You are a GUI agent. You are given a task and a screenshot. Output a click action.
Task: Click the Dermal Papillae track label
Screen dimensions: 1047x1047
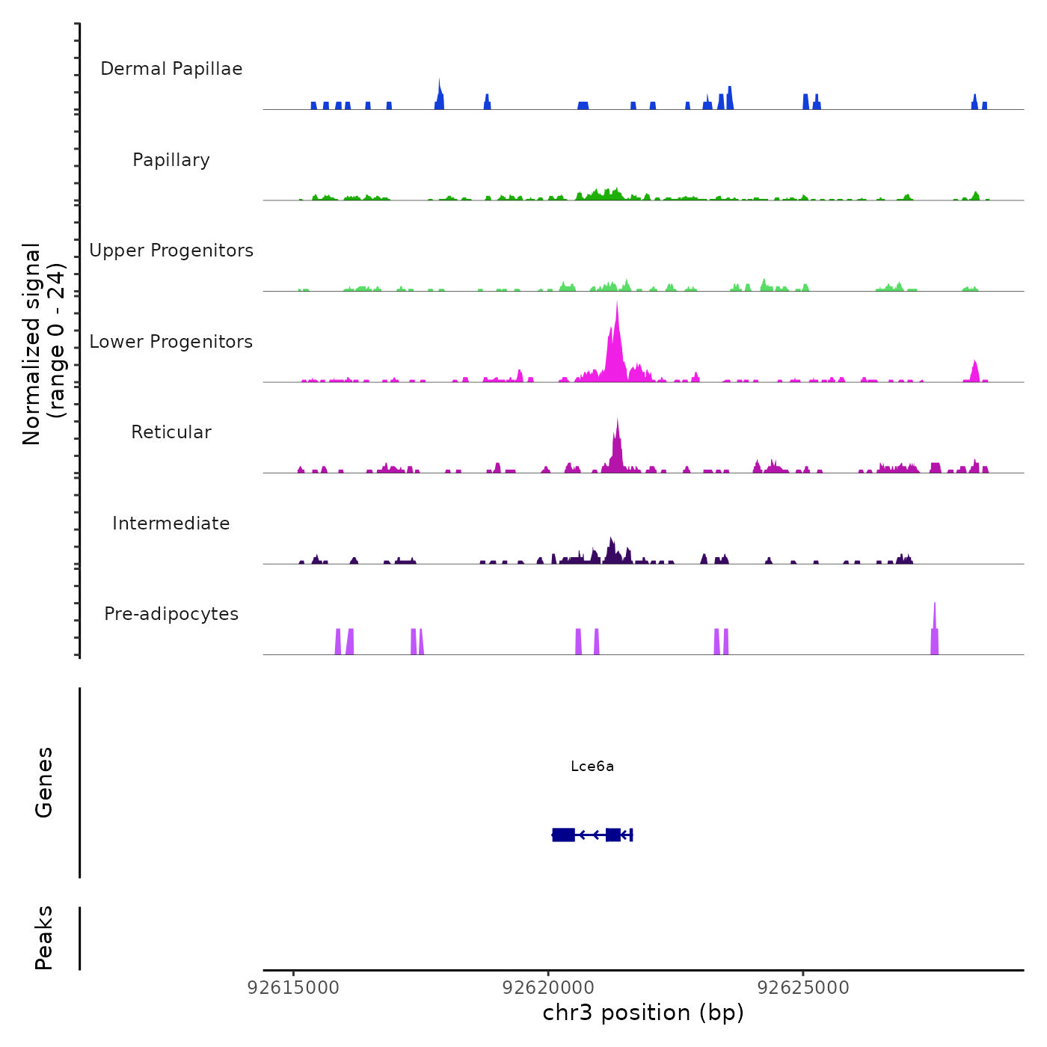tap(171, 69)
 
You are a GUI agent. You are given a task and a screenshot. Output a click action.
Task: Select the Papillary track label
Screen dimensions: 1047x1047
tap(171, 160)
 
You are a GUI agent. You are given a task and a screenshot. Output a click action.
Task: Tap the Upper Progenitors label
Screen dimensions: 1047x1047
tap(171, 251)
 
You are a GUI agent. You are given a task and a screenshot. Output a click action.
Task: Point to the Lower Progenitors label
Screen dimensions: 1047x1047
tap(171, 342)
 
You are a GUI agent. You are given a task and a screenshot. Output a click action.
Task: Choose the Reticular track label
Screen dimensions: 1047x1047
tap(171, 432)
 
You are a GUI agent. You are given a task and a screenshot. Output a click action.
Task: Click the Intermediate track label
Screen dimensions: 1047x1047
tap(171, 523)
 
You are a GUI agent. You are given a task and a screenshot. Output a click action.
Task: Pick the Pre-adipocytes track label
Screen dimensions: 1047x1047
tap(171, 614)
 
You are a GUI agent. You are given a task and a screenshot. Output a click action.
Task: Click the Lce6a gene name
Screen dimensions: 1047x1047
tap(592, 766)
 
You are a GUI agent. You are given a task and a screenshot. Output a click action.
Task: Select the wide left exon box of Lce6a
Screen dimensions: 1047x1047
tap(563, 835)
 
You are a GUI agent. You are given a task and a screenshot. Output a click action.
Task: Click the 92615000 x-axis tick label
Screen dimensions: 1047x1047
tap(293, 988)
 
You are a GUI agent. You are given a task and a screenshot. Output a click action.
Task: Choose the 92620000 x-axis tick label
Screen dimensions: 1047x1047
tap(548, 988)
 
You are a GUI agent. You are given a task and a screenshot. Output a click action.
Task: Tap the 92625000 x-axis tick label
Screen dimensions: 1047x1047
tap(803, 988)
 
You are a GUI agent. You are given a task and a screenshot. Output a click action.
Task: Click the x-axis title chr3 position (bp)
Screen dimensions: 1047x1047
tap(643, 1013)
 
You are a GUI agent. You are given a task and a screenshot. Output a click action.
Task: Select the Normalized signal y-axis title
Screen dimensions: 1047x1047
tap(43, 343)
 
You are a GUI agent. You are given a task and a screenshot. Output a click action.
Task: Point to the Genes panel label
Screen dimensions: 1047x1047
tap(44, 782)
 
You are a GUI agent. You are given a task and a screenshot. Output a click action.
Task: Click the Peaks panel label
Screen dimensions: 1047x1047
tap(44, 938)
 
